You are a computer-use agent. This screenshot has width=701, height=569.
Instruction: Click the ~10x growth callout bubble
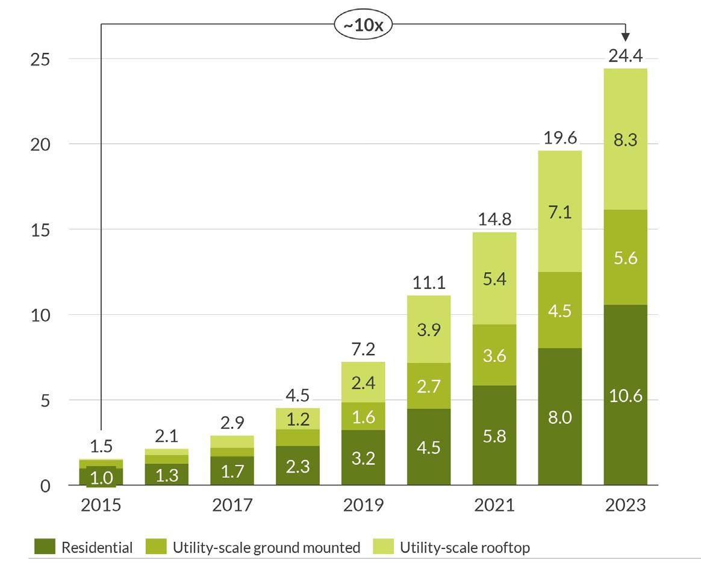(x=363, y=28)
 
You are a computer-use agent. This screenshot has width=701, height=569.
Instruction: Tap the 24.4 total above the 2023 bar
(x=626, y=57)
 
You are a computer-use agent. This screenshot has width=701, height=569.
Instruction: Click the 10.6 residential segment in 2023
(x=626, y=396)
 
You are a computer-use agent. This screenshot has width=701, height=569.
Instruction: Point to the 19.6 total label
(x=559, y=138)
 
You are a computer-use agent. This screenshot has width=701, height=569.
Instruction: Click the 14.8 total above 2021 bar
(x=494, y=219)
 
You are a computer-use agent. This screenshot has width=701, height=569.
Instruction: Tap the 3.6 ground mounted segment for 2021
(x=494, y=355)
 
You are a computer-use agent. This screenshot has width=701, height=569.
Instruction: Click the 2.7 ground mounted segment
(x=428, y=385)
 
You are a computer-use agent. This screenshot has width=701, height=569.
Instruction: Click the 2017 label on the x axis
(x=231, y=505)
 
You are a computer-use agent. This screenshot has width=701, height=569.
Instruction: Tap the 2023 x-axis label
(x=626, y=505)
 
